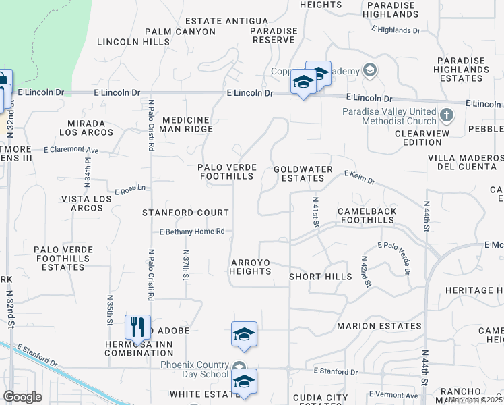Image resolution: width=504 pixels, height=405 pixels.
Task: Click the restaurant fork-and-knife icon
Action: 137,327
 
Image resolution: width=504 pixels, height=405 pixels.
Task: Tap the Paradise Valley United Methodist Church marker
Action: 446,115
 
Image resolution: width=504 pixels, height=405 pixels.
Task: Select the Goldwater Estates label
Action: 298,173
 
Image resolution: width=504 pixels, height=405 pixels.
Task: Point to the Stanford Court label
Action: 185,213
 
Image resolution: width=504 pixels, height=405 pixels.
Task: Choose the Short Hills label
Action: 320,277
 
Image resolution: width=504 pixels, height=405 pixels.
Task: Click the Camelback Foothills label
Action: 367,216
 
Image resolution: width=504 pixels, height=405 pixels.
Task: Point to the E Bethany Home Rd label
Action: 191,232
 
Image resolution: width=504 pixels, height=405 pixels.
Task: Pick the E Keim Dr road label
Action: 358,177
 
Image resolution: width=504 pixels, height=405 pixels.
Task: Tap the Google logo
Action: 22,397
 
